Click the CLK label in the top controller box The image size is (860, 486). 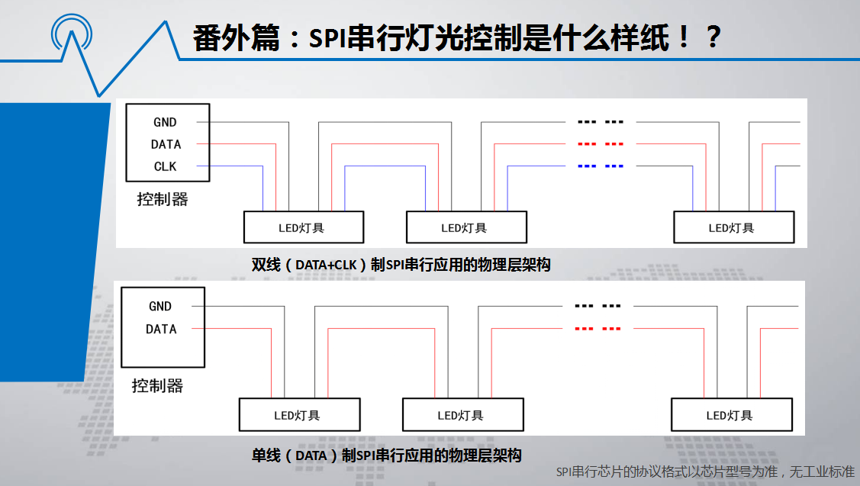pyautogui.click(x=165, y=166)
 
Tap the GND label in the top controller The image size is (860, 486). pyautogui.click(x=165, y=122)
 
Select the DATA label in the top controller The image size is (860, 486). pyautogui.click(x=166, y=144)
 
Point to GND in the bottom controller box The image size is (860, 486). pyautogui.click(x=160, y=306)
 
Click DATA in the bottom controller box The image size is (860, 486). pyautogui.click(x=161, y=329)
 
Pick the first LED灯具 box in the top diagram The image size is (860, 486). pyautogui.click(x=304, y=227)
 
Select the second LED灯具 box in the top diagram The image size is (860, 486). pyautogui.click(x=466, y=227)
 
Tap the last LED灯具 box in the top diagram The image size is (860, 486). pyautogui.click(x=734, y=227)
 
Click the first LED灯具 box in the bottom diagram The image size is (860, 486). pyautogui.click(x=299, y=415)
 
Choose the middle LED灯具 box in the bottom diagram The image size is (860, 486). pyautogui.click(x=463, y=415)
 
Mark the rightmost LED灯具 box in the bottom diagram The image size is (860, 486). pyautogui.click(x=732, y=415)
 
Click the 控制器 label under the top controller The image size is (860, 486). pyautogui.click(x=163, y=199)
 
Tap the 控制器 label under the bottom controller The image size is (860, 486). pyautogui.click(x=157, y=385)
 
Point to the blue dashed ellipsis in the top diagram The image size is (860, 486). pyautogui.click(x=601, y=166)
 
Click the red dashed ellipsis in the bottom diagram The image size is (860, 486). pyautogui.click(x=597, y=329)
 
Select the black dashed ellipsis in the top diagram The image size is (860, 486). pyautogui.click(x=601, y=122)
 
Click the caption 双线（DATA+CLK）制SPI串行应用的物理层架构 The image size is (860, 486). pyautogui.click(x=401, y=265)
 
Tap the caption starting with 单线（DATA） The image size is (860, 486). pyautogui.click(x=387, y=455)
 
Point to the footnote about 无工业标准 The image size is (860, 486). pyautogui.click(x=705, y=472)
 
